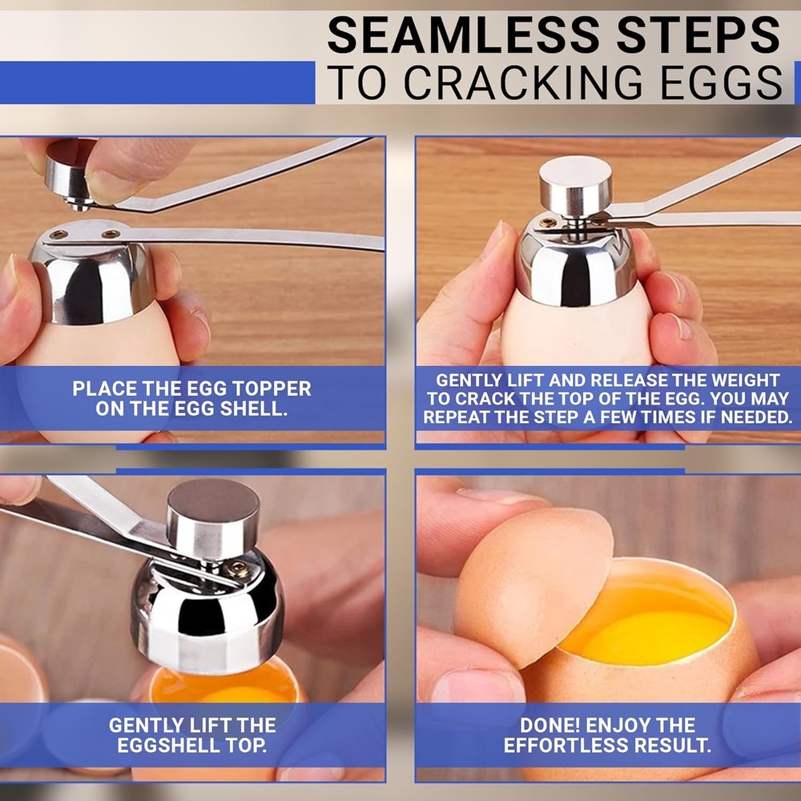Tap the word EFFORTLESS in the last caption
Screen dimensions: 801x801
(562, 746)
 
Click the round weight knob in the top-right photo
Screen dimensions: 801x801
(574, 185)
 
